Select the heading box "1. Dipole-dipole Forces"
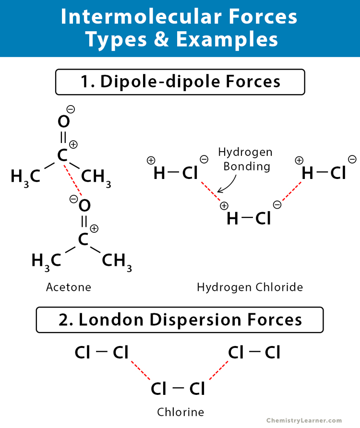(180, 82)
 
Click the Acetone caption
(69, 287)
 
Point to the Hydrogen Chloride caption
(250, 287)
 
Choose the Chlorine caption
(180, 412)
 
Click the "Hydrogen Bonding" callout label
(245, 159)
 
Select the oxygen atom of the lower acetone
(84, 206)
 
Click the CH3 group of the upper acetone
(96, 177)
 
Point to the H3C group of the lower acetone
(47, 261)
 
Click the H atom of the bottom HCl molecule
(232, 219)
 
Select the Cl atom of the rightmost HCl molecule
(338, 173)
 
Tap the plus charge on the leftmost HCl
(151, 161)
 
